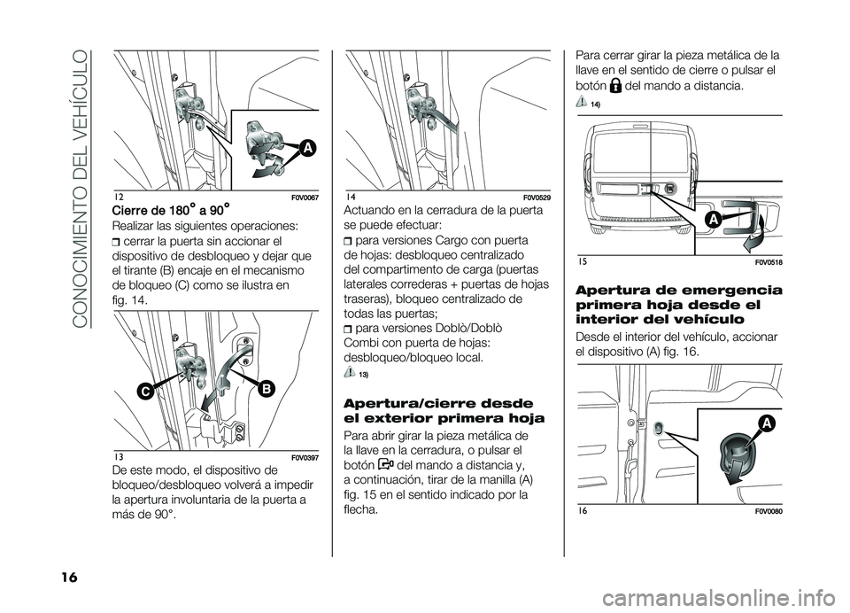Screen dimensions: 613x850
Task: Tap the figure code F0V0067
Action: [x=304, y=196]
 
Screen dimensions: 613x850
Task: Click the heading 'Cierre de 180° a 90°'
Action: [x=170, y=209]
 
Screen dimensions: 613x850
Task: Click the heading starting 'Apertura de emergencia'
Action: [x=678, y=303]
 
